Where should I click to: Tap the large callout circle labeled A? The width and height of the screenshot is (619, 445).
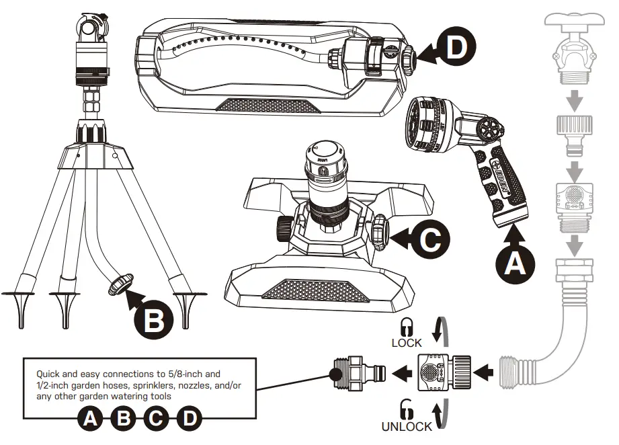[x=515, y=264]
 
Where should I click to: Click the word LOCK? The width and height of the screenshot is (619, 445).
[x=407, y=342]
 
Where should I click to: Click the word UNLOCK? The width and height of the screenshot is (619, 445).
[x=407, y=426]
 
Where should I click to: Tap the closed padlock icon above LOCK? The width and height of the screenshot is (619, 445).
[x=406, y=327]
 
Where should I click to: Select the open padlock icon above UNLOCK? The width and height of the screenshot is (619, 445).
[x=406, y=409]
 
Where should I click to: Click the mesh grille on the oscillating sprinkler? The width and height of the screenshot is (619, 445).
[x=269, y=106]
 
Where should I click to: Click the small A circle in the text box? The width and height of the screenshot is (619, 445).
[x=89, y=419]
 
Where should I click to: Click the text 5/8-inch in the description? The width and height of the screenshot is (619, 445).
[x=186, y=374]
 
